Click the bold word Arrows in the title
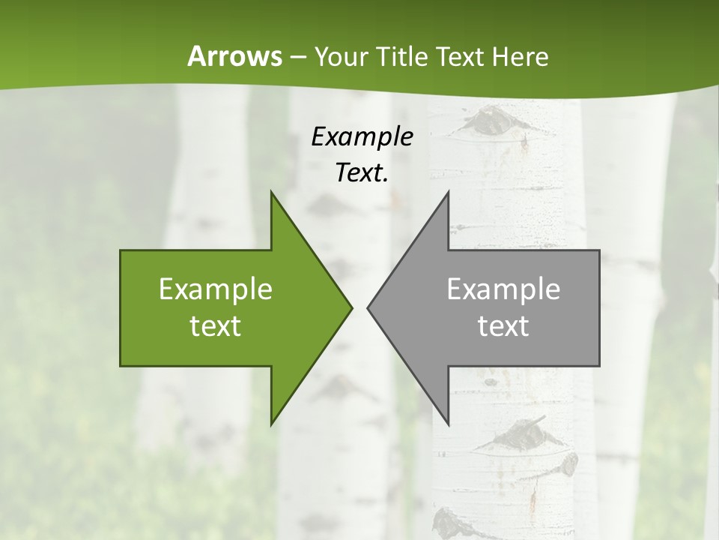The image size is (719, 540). pyautogui.click(x=234, y=56)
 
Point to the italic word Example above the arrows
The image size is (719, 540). pyautogui.click(x=362, y=136)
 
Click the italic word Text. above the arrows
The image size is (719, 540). pyautogui.click(x=362, y=172)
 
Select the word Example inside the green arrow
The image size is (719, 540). pyautogui.click(x=216, y=289)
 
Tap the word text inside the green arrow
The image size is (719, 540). pyautogui.click(x=216, y=325)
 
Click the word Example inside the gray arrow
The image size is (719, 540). pyautogui.click(x=503, y=289)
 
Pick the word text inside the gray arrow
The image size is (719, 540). pyautogui.click(x=503, y=325)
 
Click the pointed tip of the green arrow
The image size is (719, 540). pyautogui.click(x=351, y=308)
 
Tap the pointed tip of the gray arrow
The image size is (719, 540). pyautogui.click(x=368, y=308)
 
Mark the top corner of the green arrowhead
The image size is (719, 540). pyautogui.click(x=271, y=192)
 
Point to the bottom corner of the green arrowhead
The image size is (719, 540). pyautogui.click(x=271, y=424)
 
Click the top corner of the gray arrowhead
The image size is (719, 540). pyautogui.click(x=448, y=192)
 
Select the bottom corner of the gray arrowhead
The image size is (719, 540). pyautogui.click(x=448, y=424)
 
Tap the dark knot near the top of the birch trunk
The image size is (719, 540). pyautogui.click(x=495, y=121)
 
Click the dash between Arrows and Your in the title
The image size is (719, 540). pyautogui.click(x=297, y=57)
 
